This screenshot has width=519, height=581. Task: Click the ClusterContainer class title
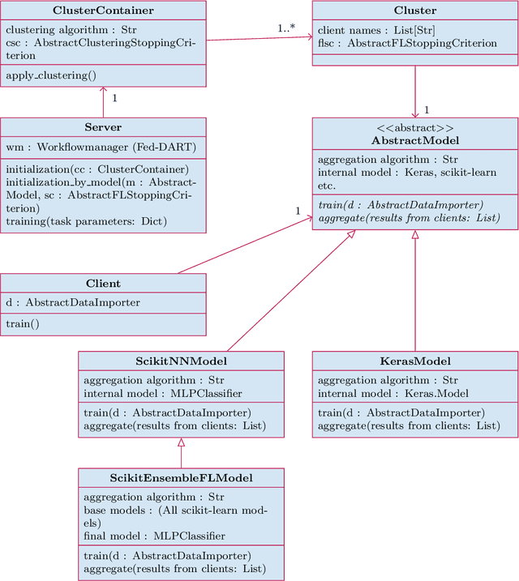tap(103, 11)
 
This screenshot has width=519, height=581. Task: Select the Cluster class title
tap(414, 11)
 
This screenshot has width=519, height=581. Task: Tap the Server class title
tap(103, 127)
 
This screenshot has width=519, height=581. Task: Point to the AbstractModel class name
tap(414, 140)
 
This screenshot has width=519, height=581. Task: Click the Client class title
tap(103, 284)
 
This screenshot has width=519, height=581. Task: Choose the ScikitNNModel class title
tap(181, 361)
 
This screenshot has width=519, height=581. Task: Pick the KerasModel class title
tap(414, 361)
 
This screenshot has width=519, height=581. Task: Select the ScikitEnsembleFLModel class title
tap(181, 478)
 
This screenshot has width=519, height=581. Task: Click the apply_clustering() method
tap(50, 76)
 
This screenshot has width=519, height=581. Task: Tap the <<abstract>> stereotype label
tap(414, 128)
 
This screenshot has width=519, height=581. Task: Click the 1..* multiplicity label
tap(286, 28)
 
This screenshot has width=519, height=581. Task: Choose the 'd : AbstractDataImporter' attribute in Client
tap(73, 303)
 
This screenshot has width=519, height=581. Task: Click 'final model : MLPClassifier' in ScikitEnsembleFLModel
tap(154, 536)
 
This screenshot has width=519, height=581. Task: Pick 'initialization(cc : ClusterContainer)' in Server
tap(97, 169)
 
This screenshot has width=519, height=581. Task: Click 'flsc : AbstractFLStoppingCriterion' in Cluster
tap(407, 43)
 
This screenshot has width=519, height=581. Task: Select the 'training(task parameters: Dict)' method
tap(85, 221)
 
